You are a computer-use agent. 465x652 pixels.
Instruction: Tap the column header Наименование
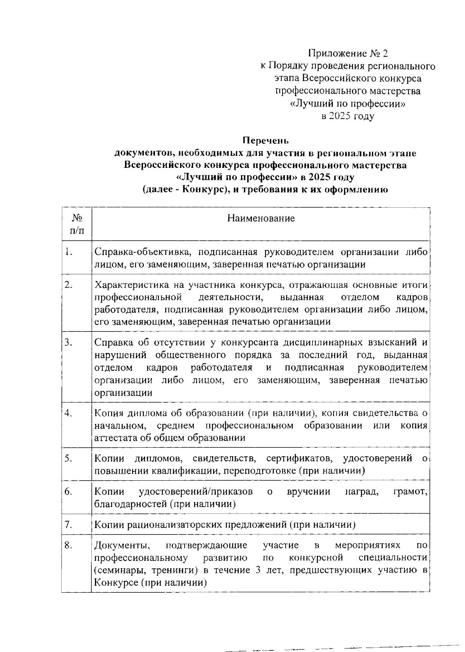261,218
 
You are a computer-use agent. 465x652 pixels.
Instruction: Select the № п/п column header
76,224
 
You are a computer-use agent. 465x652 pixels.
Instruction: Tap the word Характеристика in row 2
131,285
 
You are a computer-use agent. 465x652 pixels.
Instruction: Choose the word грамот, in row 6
410,492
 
